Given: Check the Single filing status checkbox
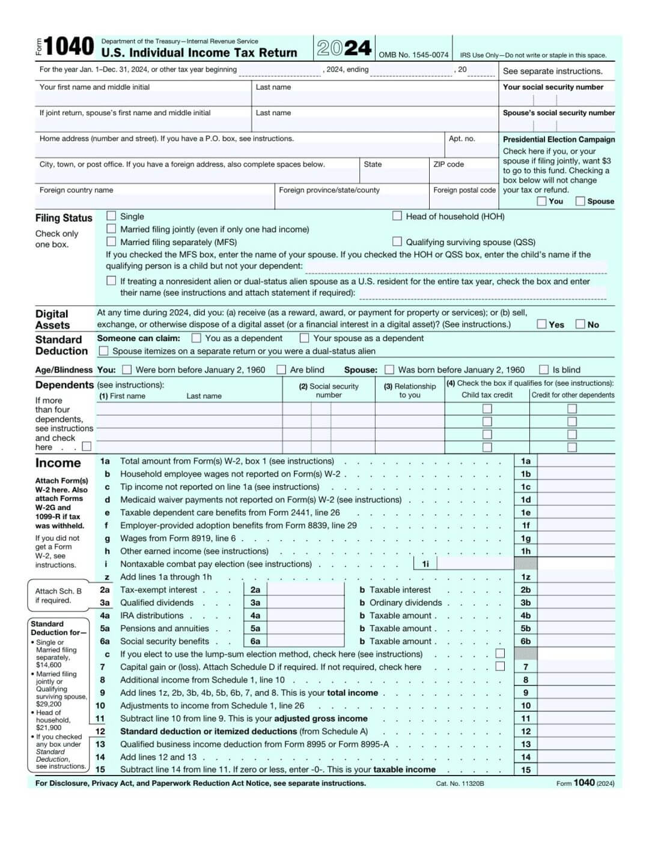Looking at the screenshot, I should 111,216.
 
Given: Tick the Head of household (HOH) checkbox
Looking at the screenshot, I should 397,216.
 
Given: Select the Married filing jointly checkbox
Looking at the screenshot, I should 111,229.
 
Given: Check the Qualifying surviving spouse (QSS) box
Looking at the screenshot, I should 397,241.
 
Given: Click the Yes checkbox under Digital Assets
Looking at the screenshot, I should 542,324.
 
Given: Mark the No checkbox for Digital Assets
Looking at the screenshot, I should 580,324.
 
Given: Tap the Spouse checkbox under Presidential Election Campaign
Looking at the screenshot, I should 580,201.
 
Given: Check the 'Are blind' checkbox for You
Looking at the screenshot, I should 281,369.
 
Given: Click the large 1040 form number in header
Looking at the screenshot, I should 69,47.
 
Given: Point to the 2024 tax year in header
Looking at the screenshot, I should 344,48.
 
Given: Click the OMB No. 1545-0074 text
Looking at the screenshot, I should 413,55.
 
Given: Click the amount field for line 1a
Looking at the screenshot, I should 576,461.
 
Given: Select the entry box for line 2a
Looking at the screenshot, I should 305,590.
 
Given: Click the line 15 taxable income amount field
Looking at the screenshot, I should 576,770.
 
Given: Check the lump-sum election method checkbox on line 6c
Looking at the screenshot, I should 500,654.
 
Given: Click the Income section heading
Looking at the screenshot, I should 58,463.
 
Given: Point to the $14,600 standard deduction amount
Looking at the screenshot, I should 49,665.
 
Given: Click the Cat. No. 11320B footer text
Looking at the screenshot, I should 460,783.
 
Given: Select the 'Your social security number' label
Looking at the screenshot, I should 553,87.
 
